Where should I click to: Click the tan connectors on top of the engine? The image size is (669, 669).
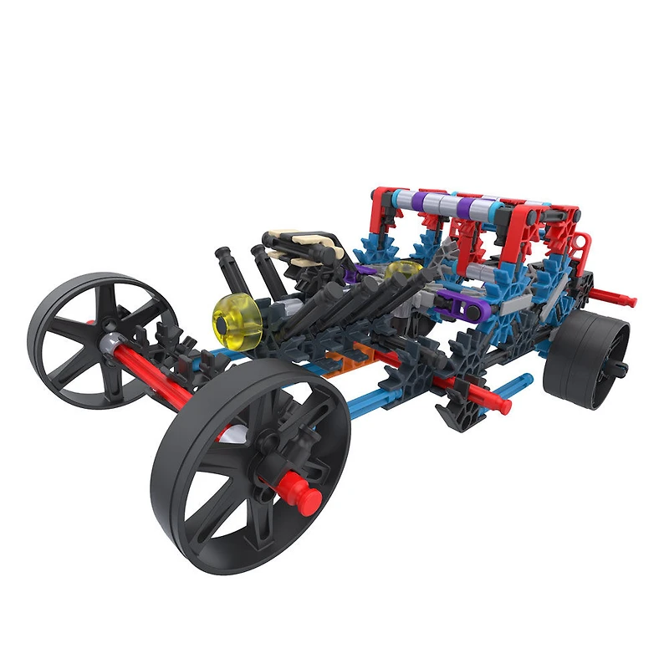[322, 248]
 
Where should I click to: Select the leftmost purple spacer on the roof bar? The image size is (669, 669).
[431, 202]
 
